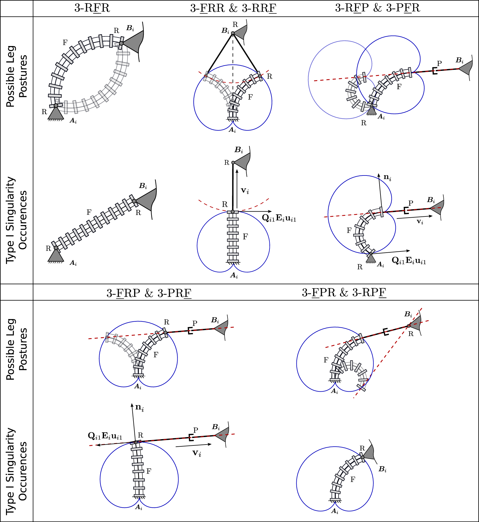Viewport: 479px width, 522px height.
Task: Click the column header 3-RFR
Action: coord(92,8)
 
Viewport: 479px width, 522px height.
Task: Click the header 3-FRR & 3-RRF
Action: coord(233,8)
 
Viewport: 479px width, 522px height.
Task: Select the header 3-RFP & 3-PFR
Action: coord(378,8)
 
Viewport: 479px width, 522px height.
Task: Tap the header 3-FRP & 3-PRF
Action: coord(149,293)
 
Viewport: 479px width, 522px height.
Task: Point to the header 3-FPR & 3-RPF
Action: coord(344,292)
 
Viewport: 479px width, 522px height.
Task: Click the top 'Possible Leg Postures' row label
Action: coord(17,76)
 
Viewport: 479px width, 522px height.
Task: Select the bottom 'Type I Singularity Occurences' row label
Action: coord(17,471)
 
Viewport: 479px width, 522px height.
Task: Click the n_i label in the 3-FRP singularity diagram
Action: coord(140,407)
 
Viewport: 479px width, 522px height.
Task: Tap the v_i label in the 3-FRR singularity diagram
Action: coord(245,190)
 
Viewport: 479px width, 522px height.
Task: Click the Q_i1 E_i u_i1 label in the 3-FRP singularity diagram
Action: coord(105,436)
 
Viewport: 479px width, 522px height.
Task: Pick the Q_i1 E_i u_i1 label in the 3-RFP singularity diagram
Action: coord(409,261)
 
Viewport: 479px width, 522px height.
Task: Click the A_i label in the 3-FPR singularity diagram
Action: coord(335,512)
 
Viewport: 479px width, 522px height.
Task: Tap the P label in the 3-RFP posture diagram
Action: coord(439,63)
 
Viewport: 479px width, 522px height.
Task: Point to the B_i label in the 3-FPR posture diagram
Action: coord(408,314)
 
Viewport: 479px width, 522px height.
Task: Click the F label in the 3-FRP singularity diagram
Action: coord(149,471)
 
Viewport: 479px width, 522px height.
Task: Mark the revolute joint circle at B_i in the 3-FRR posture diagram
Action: coord(233,33)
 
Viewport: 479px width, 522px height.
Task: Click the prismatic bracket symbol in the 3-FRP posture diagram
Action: coord(190,330)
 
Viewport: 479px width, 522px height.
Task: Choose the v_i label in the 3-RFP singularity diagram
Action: coord(420,222)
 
